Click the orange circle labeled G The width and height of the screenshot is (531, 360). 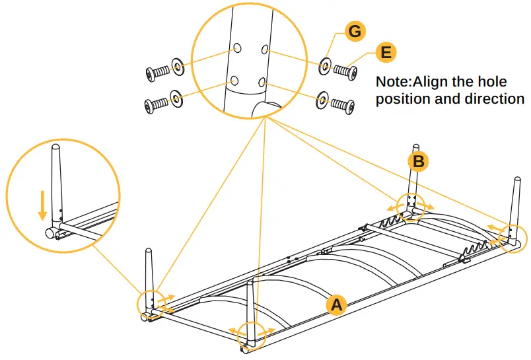tap(355, 32)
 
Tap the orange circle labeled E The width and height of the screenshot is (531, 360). tap(386, 52)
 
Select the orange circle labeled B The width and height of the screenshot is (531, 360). tap(419, 162)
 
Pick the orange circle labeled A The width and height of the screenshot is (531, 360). tap(337, 305)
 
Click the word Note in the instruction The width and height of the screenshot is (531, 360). tap(392, 82)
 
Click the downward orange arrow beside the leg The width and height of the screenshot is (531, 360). tap(42, 205)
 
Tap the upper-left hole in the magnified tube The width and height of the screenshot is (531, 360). tap(237, 48)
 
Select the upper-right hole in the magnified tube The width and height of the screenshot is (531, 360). tap(265, 50)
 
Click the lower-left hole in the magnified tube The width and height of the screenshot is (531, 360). tap(234, 81)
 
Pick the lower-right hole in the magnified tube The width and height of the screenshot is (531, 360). tap(262, 82)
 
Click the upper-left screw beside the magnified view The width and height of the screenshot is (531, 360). tap(157, 73)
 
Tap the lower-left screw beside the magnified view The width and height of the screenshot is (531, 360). tap(156, 104)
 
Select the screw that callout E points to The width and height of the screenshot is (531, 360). tap(345, 71)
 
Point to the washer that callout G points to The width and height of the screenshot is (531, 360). tap(325, 66)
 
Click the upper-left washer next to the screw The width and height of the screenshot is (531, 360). tap(178, 66)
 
